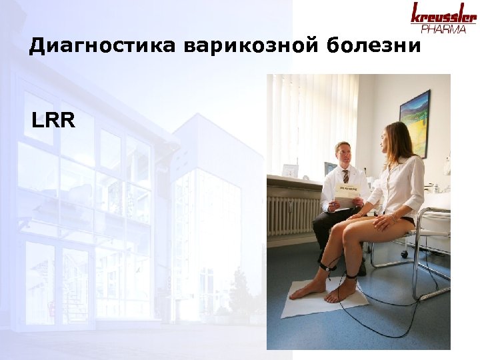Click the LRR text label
(53, 122)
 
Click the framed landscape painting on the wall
(415, 124)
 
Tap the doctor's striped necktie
(345, 177)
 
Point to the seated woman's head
(396, 139)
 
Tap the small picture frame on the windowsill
(290, 170)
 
